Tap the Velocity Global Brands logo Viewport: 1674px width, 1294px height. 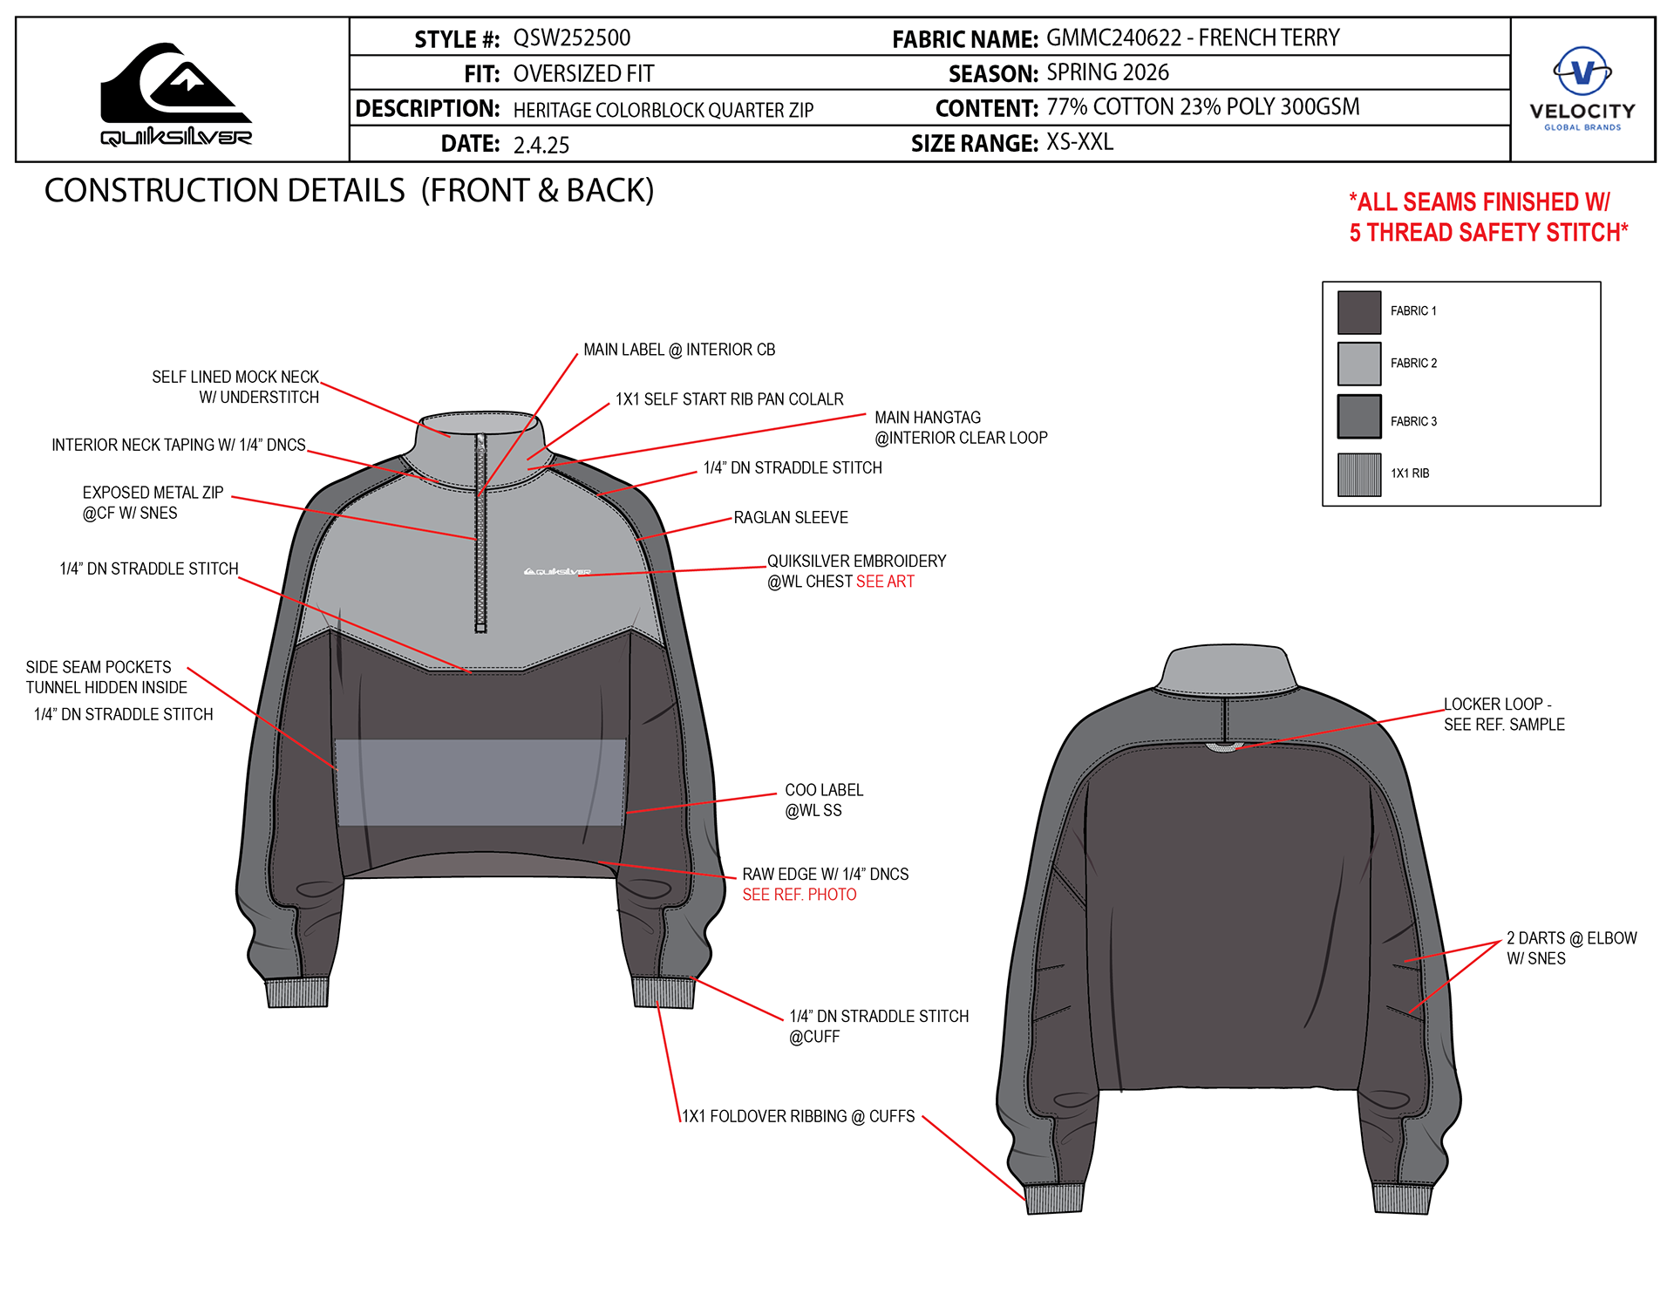(x=1582, y=88)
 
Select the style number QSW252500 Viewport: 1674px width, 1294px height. (x=571, y=38)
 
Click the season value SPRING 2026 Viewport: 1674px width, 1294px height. (x=1107, y=72)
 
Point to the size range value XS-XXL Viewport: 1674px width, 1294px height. (x=1079, y=142)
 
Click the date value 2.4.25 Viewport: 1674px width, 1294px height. (x=541, y=145)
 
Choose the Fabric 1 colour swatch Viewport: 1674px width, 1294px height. (x=1359, y=312)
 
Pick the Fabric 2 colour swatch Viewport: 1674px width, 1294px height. (x=1359, y=364)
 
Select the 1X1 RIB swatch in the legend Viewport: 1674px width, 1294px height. (x=1359, y=474)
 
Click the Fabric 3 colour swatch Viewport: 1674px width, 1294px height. (x=1359, y=417)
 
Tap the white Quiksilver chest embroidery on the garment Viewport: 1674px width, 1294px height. (x=556, y=572)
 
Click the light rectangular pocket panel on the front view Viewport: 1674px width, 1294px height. (x=480, y=782)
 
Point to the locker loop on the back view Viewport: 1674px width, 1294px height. (x=1224, y=747)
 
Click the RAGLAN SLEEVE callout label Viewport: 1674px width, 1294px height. (x=790, y=518)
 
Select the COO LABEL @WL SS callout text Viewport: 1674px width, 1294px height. (x=823, y=800)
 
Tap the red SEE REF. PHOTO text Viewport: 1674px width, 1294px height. (x=799, y=895)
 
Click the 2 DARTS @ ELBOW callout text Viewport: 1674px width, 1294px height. (x=1571, y=948)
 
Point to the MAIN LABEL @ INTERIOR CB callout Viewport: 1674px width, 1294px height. (x=678, y=350)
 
